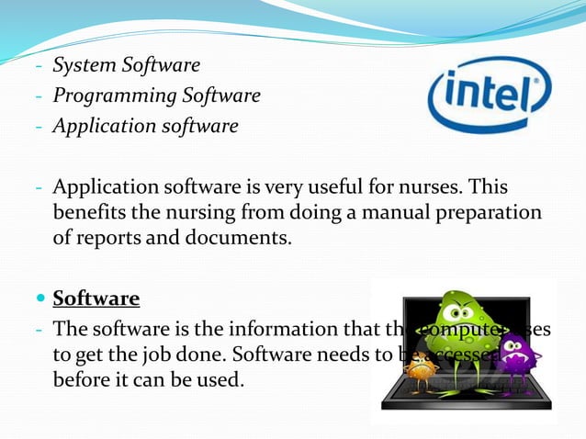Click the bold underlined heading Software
tap(96, 298)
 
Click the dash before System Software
tap(39, 66)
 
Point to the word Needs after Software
tap(324, 354)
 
